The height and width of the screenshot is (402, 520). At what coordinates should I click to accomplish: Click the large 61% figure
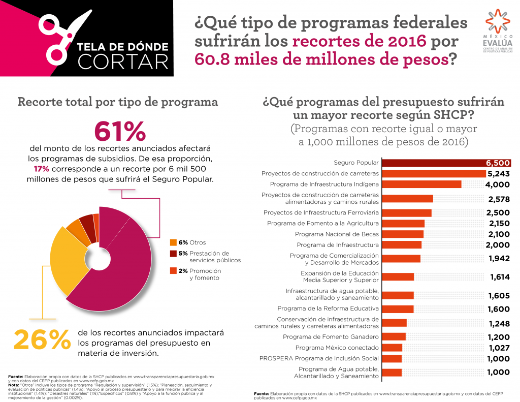[120, 131]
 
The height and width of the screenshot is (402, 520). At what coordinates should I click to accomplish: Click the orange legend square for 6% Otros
[173, 242]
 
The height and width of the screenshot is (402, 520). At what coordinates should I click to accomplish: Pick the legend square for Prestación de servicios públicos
[173, 253]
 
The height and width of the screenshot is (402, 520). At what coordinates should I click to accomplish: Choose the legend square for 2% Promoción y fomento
[173, 271]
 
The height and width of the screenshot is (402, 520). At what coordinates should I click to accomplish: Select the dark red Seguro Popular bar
[446, 163]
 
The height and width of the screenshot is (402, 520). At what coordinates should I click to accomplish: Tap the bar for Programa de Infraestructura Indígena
[421, 184]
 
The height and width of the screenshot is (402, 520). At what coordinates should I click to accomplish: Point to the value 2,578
[498, 199]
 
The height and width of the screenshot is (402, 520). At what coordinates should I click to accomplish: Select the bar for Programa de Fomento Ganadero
[394, 336]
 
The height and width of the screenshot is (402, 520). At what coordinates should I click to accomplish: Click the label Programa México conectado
[337, 348]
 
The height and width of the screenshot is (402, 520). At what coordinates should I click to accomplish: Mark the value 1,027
[498, 348]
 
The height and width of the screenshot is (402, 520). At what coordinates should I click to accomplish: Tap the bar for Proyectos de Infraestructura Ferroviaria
[406, 212]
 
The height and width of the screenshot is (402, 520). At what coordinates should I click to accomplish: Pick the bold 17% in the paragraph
[41, 169]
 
